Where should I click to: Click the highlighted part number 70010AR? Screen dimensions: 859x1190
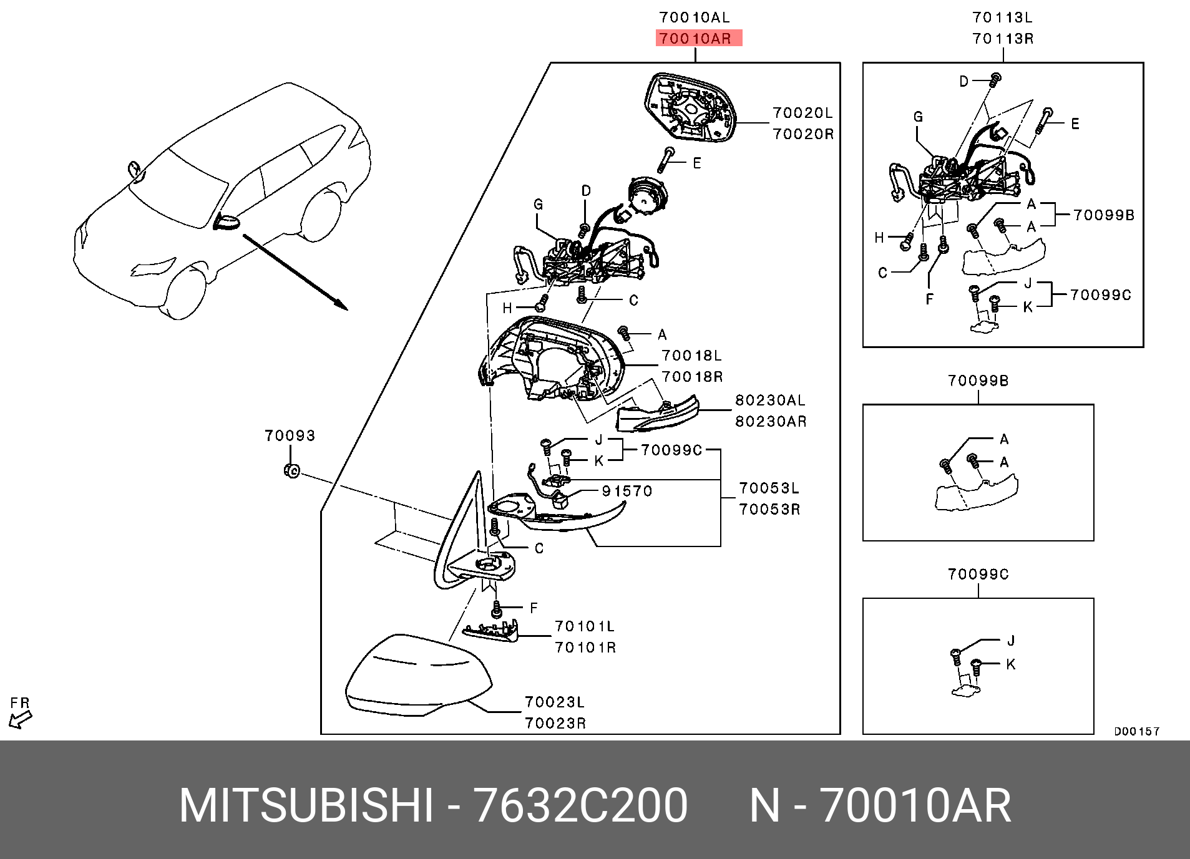(696, 39)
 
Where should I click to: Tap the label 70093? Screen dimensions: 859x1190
(290, 435)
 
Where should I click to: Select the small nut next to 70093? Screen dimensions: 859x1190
(291, 471)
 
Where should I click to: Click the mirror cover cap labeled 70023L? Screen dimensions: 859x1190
(415, 677)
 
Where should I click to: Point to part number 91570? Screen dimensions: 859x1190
(627, 491)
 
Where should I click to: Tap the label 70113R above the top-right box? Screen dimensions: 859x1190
(1002, 39)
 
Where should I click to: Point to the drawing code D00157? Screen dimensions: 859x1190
(1136, 732)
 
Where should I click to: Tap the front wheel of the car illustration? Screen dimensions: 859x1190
(183, 294)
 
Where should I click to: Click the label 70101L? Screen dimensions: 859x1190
(585, 626)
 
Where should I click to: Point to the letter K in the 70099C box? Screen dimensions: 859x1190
(1010, 664)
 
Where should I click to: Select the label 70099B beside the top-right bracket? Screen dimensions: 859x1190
(1103, 215)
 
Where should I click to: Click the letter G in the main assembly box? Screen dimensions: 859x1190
(538, 204)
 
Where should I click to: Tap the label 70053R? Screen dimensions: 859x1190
(769, 509)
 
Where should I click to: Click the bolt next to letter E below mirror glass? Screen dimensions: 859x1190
(666, 160)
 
